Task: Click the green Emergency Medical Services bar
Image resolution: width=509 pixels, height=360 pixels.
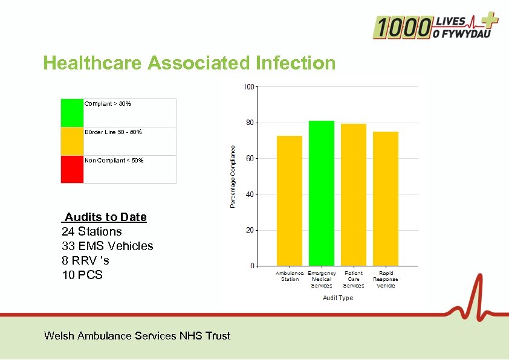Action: [321, 193]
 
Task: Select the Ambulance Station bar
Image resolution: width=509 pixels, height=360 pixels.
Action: [289, 201]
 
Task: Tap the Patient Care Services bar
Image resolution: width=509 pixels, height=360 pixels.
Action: [353, 194]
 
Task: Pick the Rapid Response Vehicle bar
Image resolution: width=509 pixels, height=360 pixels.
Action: [385, 199]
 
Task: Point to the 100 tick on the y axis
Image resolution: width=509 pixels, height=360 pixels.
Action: [248, 87]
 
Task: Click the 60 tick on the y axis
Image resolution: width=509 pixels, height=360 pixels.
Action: [250, 159]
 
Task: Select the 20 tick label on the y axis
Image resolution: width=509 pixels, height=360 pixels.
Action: [250, 230]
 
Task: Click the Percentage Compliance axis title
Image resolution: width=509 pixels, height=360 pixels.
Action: [233, 176]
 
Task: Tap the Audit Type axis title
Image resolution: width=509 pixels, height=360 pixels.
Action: [337, 298]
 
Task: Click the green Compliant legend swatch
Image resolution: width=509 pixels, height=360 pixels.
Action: [72, 113]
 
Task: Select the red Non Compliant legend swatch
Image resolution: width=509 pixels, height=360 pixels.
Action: [72, 169]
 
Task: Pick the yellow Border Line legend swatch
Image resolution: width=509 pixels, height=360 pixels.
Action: [72, 141]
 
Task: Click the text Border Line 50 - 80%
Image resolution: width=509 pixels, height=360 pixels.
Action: [113, 132]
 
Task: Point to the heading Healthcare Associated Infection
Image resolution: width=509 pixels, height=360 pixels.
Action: [189, 63]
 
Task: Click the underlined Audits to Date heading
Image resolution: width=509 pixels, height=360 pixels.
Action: [105, 217]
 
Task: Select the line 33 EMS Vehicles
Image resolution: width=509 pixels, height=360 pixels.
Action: [108, 246]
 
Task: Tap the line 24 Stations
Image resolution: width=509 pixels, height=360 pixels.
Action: [92, 231]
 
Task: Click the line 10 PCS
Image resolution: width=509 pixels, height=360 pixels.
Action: [82, 275]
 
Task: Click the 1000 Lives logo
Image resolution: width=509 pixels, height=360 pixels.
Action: [435, 27]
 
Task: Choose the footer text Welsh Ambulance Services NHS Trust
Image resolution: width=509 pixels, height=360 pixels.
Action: [137, 336]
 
